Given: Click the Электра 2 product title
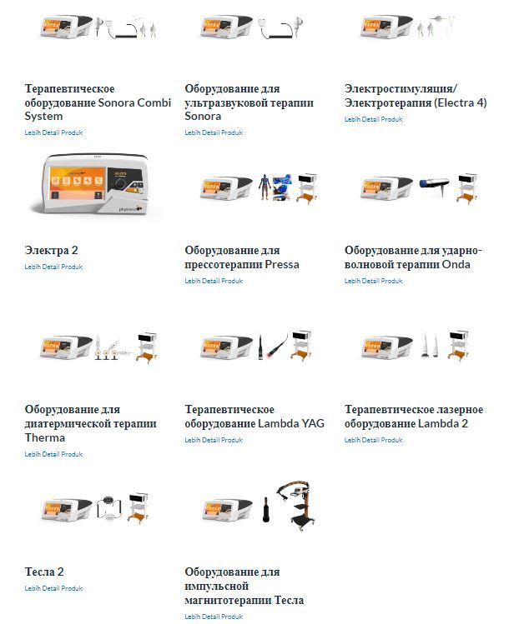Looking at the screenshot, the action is point(52,250).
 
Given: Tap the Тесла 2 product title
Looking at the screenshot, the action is point(44,572).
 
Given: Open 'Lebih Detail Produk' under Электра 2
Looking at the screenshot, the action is point(53,267).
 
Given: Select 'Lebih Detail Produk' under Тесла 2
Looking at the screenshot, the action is point(53,588).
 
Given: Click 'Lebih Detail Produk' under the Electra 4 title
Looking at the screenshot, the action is point(373,119).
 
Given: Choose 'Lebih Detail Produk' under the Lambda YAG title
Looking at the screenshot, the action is point(214,440).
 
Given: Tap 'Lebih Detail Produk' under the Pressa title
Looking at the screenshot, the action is point(214,281).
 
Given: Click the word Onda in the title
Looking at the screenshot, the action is point(456,265).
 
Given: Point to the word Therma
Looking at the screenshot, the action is point(44,437).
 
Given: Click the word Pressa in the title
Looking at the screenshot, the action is point(282,265).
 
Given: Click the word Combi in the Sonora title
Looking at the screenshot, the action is point(154,102).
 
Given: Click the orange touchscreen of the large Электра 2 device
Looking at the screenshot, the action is point(77,183).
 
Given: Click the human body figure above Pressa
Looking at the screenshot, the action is point(264,187).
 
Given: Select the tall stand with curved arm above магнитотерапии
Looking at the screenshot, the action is point(299,506).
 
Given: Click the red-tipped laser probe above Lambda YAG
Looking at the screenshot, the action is point(278,344).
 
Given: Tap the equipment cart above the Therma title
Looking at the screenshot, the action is point(146,347).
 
